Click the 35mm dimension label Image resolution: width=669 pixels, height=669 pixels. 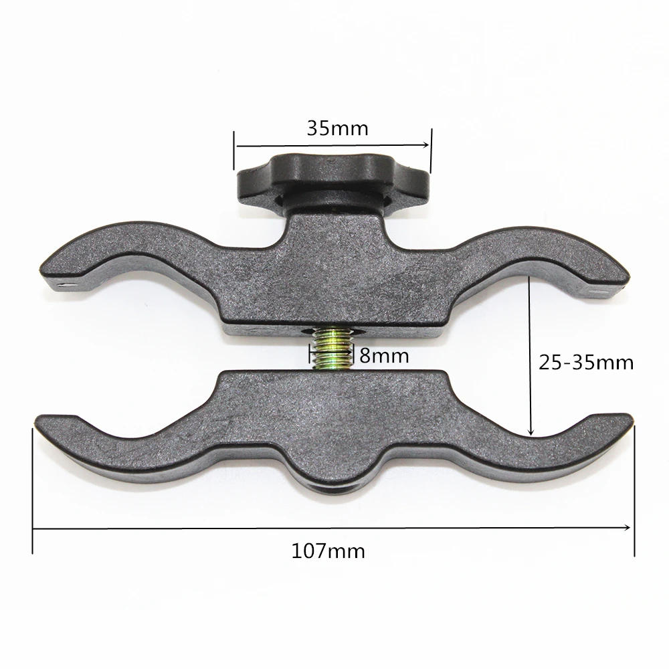(x=337, y=128)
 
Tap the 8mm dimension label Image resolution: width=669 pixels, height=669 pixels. (x=384, y=355)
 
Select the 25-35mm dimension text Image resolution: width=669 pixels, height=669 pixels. (x=586, y=363)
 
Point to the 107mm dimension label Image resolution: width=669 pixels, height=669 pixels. (x=328, y=551)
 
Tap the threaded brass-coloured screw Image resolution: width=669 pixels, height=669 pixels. (x=332, y=348)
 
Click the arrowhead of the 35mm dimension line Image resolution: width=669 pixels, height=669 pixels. (x=425, y=145)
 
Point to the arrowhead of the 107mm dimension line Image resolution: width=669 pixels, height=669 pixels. (x=626, y=528)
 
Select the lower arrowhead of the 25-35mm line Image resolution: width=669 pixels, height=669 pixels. (x=531, y=432)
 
